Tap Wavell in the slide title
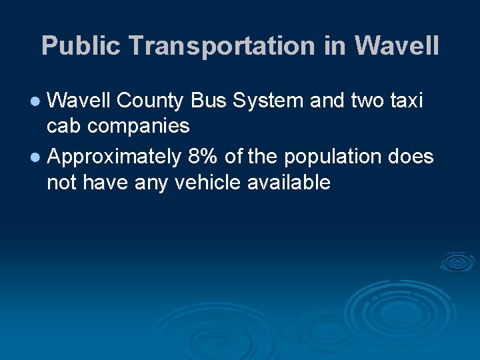(397, 46)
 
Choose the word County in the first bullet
(150, 101)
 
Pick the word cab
(65, 125)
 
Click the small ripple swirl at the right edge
(457, 262)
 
